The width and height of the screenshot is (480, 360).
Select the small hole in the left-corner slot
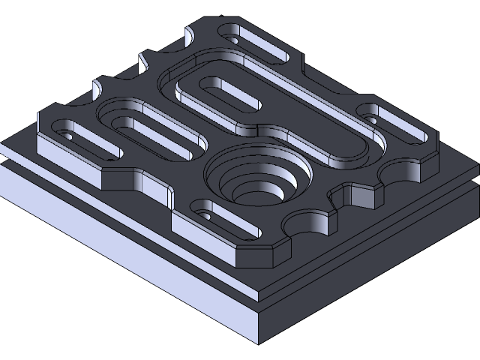point(69,137)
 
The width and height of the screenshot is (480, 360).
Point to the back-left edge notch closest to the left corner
point(99,88)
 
